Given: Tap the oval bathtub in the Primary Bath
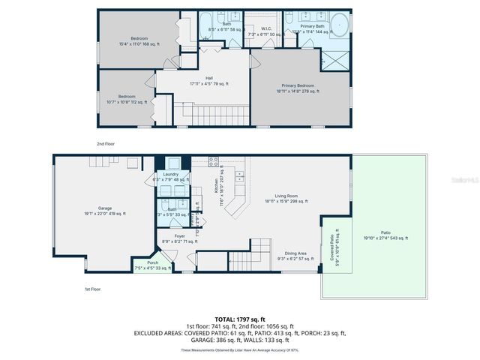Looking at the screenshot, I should pos(340,25).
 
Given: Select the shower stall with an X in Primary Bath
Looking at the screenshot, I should pos(335,60).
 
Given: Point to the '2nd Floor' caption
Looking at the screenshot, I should pos(106,143).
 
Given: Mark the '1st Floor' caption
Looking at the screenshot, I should pos(93,288).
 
